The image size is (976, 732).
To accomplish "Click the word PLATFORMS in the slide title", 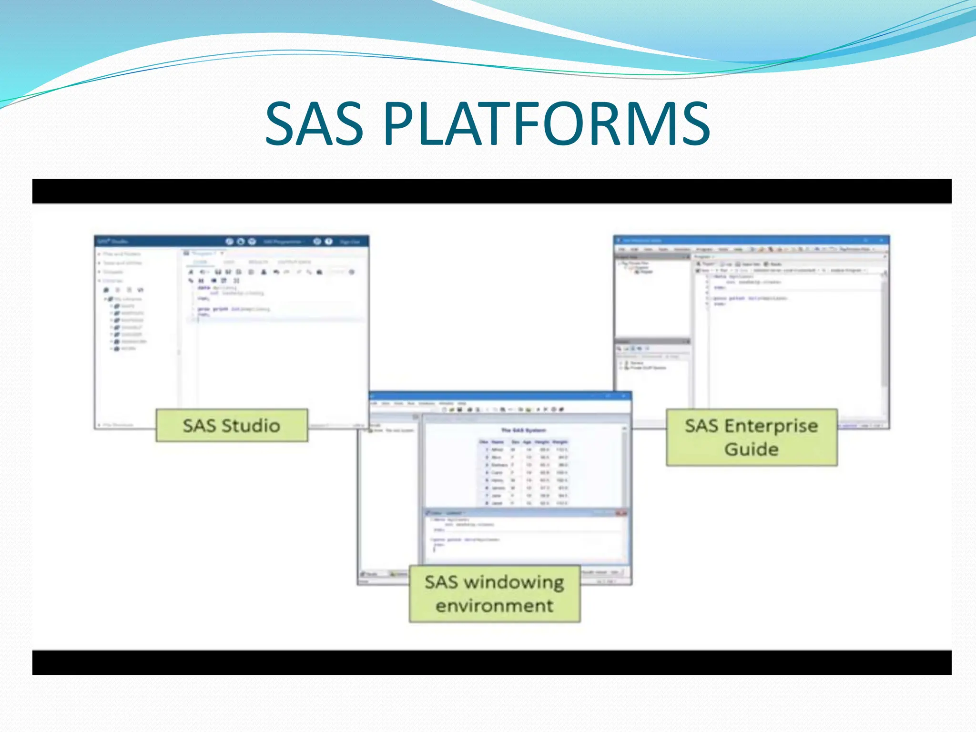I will point(547,125).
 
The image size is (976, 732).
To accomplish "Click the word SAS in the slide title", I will point(315,125).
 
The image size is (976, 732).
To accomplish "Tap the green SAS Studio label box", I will point(232,426).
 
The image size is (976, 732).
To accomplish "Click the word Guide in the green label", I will point(751,449).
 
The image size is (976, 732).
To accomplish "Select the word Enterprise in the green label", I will point(771,426).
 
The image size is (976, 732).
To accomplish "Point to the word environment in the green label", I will point(494,606).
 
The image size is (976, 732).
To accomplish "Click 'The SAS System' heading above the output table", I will point(523,430).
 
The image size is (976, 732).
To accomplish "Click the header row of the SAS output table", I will point(523,442).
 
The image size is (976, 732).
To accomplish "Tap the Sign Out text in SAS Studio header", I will point(349,242).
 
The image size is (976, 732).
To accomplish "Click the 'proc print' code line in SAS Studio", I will point(234,309).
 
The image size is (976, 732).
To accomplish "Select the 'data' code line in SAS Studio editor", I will point(217,288).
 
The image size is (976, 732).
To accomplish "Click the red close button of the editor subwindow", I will point(621,513).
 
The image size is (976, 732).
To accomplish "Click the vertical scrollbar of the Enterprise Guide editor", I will point(884,334).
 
